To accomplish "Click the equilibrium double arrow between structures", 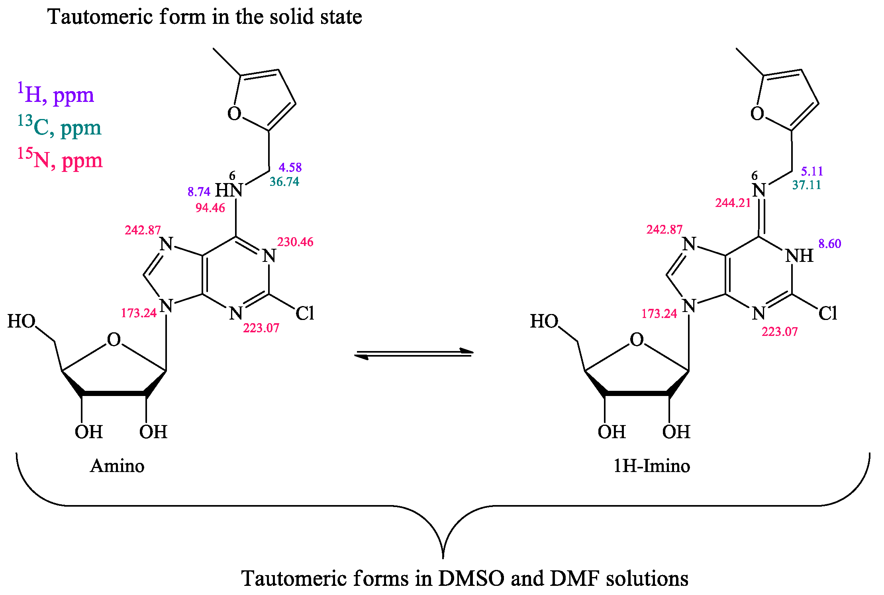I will tap(414, 353).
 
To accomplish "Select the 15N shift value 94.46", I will tap(210, 208).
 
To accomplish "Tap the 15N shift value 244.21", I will tap(733, 203).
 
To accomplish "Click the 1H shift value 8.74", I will tap(199, 192).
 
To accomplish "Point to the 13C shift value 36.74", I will tap(284, 182).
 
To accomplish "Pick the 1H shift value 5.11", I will tap(812, 172).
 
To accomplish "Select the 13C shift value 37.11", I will tap(806, 185).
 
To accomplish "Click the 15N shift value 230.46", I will tap(295, 242).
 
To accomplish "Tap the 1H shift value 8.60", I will tap(830, 244).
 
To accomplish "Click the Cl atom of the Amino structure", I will tap(305, 314).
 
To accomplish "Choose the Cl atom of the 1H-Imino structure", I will tap(827, 314).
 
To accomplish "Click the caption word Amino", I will tap(117, 466).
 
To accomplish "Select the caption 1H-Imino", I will tap(651, 466).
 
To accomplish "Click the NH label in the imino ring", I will tap(799, 256).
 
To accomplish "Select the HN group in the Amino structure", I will tap(229, 191).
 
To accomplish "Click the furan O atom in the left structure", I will tap(234, 114).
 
